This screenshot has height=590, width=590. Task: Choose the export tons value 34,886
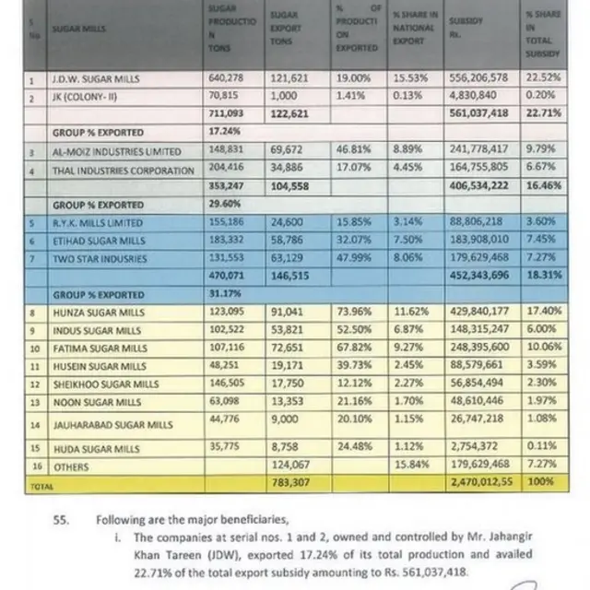(x=286, y=170)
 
